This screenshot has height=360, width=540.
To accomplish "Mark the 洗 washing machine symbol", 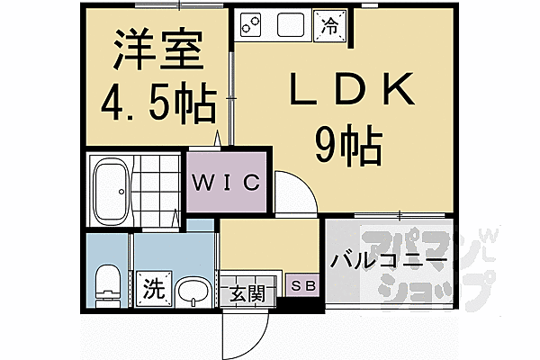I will pyautogui.click(x=154, y=290).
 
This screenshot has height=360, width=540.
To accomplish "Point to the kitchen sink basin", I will pyautogui.click(x=293, y=24).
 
